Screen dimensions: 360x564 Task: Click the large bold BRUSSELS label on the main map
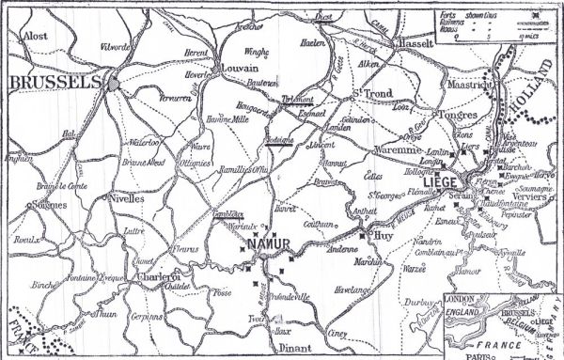coord(54,83)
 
